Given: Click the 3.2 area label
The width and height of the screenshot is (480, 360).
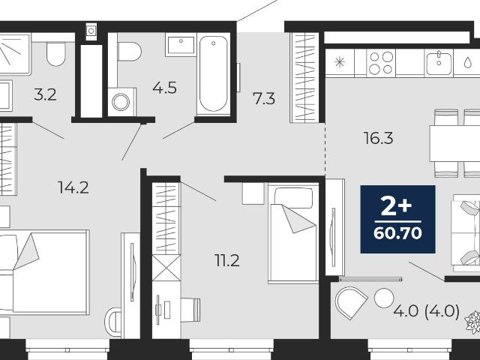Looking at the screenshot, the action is pos(45,95).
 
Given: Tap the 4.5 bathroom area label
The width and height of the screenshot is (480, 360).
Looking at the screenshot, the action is pos(165,88).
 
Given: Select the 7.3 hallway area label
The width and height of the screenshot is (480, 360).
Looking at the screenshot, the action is pos(263,98).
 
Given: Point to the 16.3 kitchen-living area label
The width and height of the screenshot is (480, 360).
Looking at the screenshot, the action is pos(378,138).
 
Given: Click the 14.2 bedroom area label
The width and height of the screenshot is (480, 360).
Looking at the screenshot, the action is pos(73,187).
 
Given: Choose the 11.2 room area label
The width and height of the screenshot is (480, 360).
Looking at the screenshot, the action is pos(226,260).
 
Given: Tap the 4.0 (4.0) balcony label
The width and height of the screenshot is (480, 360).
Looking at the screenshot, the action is pos(427,312).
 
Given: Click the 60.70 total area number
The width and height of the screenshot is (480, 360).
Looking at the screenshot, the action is pos(397,233).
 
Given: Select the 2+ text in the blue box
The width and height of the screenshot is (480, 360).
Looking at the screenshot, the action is pos(396,206).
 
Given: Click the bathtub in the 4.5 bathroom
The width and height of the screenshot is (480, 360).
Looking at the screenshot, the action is pos(213,73).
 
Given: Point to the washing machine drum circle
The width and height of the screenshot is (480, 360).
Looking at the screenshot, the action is pos(121,102).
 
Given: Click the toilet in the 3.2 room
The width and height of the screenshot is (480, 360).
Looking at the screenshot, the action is pos(56,53).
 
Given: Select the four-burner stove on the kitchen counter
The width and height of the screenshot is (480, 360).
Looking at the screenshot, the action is pos(381,63).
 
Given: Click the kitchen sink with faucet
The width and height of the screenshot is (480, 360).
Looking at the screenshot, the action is pos(439,63).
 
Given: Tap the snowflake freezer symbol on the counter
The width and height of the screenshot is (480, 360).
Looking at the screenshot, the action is pos(340,62).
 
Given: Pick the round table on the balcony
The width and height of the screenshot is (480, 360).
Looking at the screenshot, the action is pos(384,298).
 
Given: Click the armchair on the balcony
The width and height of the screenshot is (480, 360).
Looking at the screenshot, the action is pos(351,302).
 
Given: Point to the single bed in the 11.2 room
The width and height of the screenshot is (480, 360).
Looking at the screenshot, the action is pos(293,232).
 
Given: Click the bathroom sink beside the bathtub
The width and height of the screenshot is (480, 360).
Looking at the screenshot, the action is pos(181,45).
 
